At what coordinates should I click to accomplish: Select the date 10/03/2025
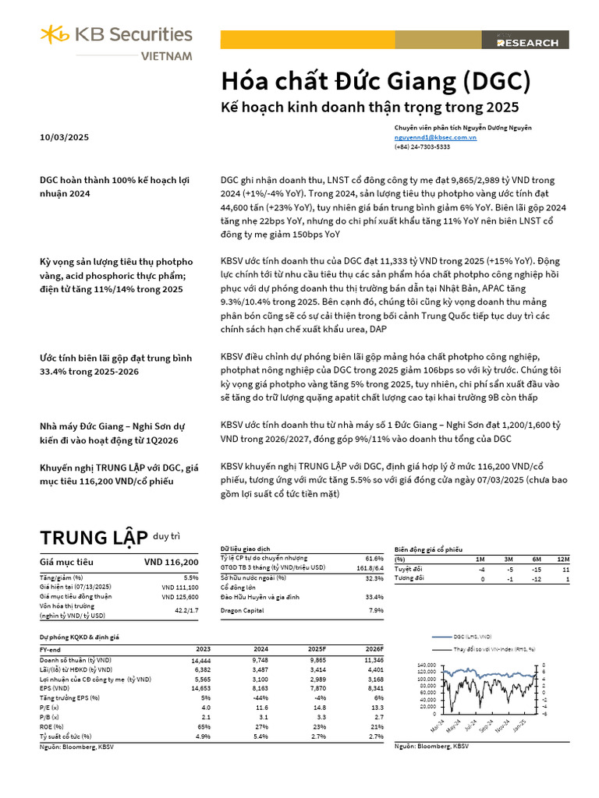tap(64, 138)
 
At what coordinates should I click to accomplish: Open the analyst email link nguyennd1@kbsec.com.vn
tap(435, 137)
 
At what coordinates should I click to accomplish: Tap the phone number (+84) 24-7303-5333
tap(422, 147)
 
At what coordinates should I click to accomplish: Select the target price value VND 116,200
tap(171, 562)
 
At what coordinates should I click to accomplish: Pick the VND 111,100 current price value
tap(180, 587)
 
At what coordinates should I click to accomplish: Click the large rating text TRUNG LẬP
tap(94, 537)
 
